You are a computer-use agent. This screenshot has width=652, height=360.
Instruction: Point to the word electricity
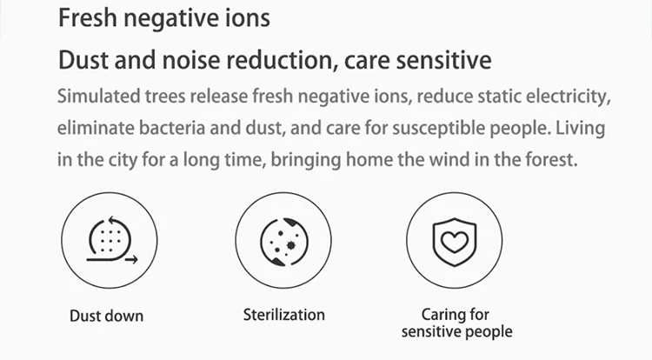click(x=569, y=97)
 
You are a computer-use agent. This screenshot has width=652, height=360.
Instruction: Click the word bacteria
click(x=172, y=128)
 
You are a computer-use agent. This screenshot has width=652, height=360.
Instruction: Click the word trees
click(x=165, y=97)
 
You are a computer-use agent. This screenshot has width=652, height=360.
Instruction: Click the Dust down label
click(x=106, y=316)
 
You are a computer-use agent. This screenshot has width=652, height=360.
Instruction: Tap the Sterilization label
click(x=284, y=315)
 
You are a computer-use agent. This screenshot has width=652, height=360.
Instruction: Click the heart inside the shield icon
click(x=455, y=242)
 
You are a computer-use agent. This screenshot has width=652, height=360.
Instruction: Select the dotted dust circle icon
click(x=110, y=240)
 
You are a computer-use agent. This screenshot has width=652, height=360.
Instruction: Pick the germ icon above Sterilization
click(x=284, y=242)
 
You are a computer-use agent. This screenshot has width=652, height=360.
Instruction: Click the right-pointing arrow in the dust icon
click(x=131, y=260)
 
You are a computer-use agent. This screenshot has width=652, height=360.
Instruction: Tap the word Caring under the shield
click(x=439, y=315)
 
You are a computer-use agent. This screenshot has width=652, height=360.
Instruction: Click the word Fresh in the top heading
click(x=88, y=18)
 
